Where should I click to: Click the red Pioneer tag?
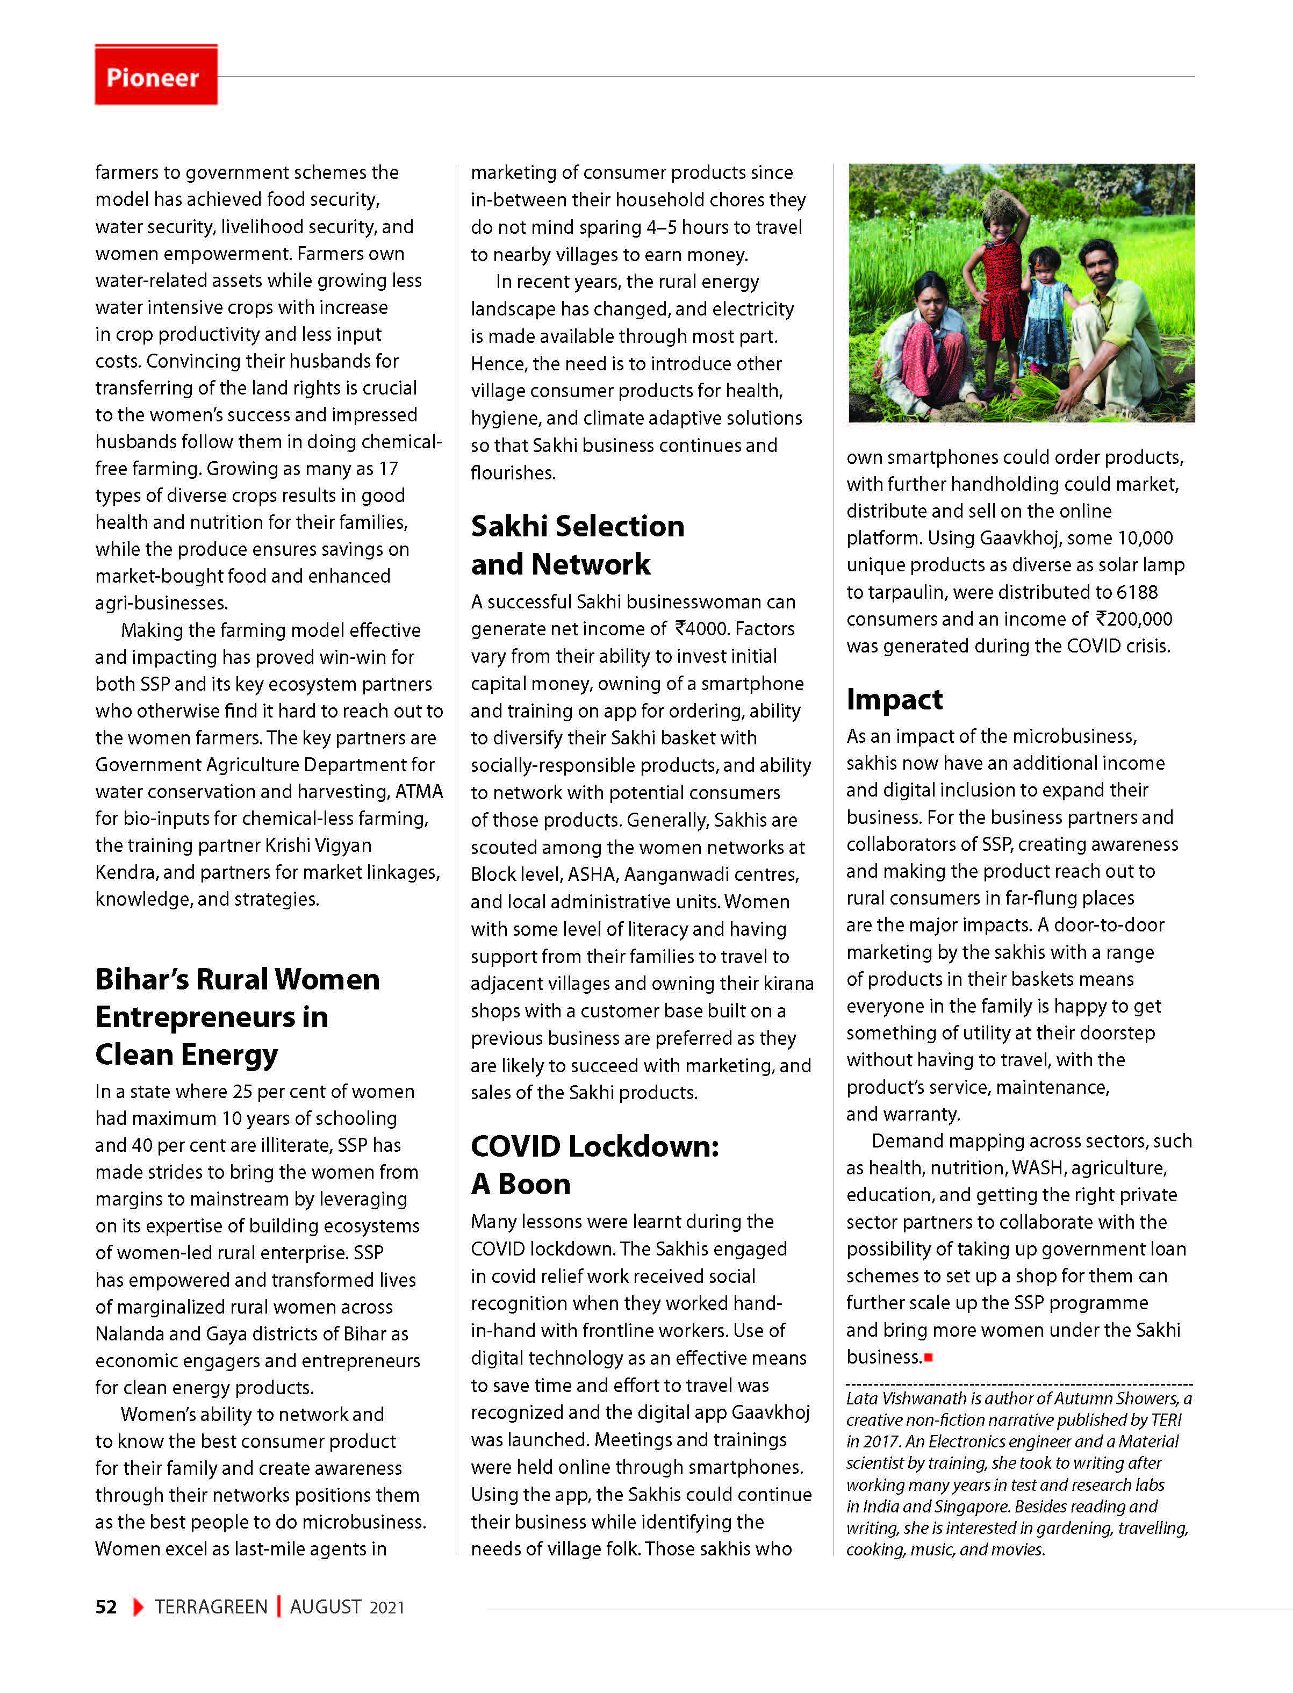155,75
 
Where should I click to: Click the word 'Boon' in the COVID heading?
534,1183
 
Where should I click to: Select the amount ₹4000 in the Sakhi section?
700,629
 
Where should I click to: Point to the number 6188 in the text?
1137,592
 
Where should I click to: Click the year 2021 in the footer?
386,1608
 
